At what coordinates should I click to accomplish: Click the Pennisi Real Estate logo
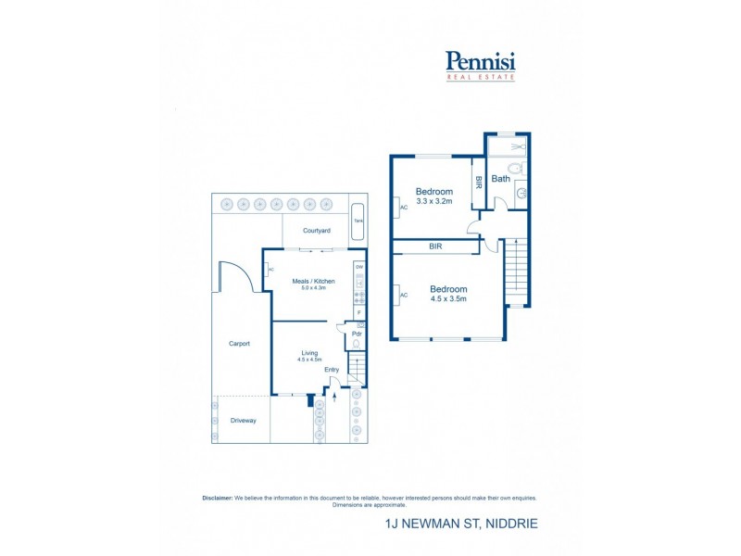[480, 65]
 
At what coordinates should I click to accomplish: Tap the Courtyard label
[317, 231]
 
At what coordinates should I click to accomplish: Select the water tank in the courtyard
[358, 221]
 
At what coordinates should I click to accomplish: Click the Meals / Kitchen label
[313, 281]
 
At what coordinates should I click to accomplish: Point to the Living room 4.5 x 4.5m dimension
[308, 359]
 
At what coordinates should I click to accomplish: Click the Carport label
[240, 344]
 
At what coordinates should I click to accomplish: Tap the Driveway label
[243, 421]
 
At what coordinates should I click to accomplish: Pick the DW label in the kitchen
[358, 267]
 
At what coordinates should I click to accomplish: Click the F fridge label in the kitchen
[358, 312]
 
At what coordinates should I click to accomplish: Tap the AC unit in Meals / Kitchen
[270, 270]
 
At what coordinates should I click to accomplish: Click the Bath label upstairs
[500, 179]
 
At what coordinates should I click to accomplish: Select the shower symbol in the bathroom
[518, 145]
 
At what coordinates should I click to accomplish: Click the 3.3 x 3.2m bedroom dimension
[434, 200]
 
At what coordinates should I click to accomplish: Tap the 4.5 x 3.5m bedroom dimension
[448, 298]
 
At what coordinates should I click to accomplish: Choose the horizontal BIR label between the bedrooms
[435, 246]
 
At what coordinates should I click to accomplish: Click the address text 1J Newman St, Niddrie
[461, 524]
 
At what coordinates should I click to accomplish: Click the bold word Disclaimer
[218, 498]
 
